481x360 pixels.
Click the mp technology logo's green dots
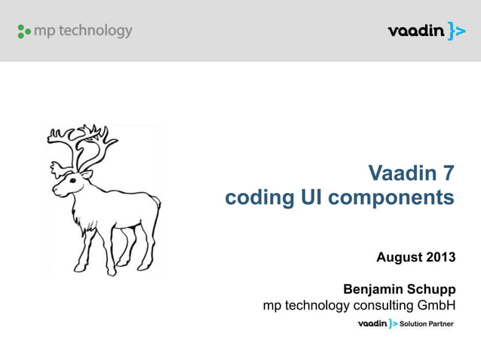(x=23, y=32)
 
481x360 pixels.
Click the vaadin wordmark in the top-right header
(x=415, y=32)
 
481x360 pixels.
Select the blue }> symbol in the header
(x=456, y=31)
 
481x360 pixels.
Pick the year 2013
(x=440, y=258)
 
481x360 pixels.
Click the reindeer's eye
(x=75, y=178)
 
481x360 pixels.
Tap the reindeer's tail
(x=156, y=202)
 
